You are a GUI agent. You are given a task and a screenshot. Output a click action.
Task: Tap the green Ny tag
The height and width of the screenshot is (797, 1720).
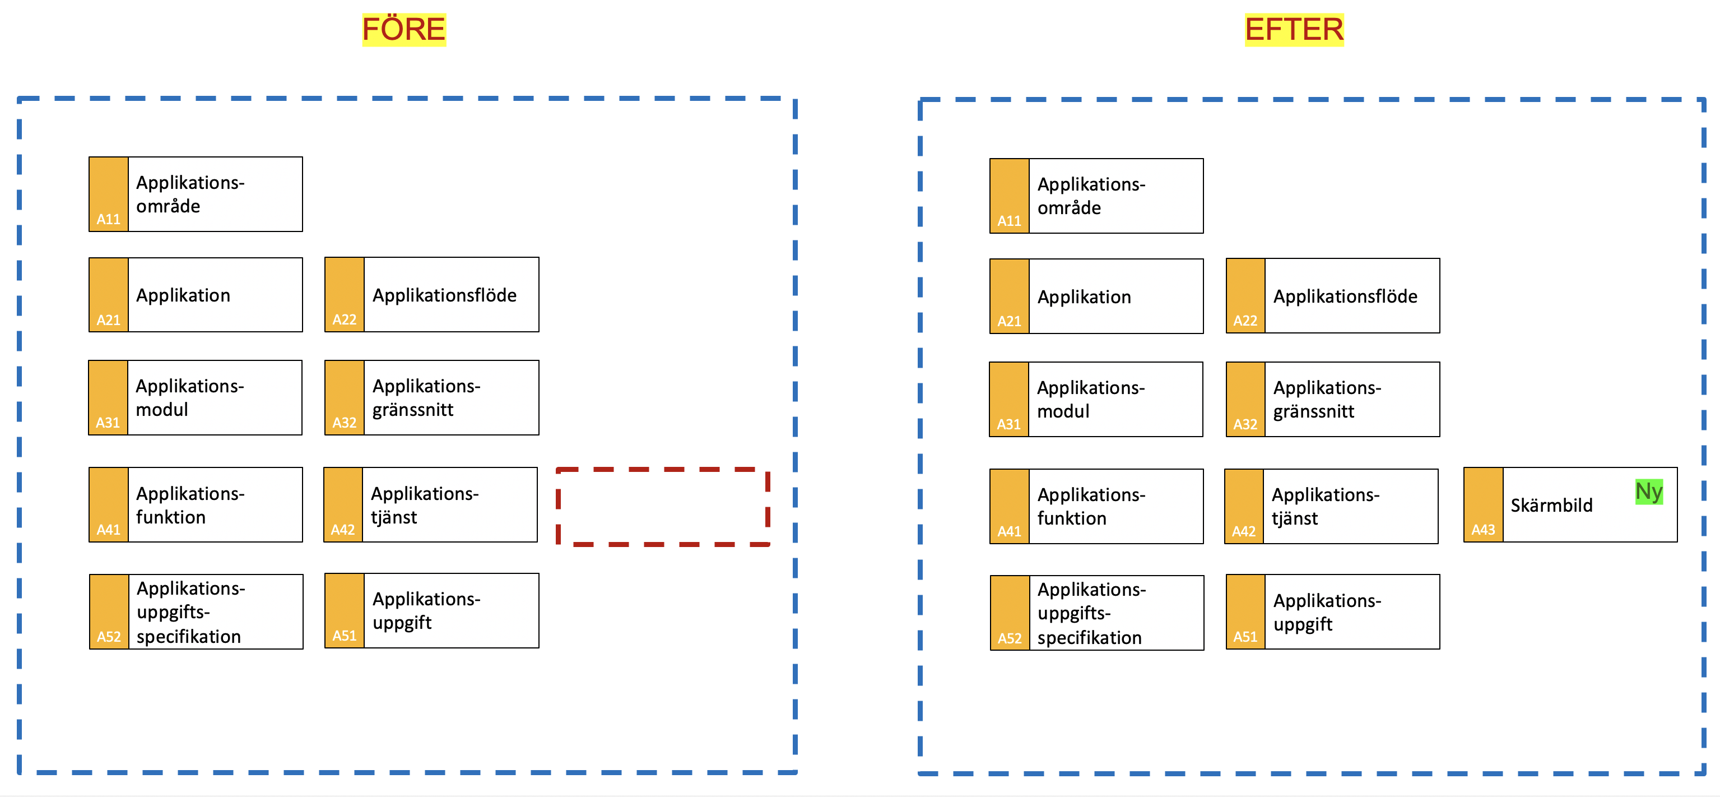tap(1648, 492)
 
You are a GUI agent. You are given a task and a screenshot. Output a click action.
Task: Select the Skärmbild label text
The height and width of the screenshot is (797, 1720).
tap(1551, 505)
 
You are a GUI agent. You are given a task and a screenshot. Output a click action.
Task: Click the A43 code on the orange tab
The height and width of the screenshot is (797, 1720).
tap(1483, 530)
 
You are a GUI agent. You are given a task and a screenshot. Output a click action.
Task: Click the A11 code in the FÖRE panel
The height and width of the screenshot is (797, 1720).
tap(108, 219)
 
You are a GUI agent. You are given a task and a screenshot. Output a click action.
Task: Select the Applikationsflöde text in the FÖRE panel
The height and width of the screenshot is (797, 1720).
tap(444, 295)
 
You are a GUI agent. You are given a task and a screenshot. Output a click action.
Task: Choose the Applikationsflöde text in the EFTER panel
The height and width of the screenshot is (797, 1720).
tap(1345, 296)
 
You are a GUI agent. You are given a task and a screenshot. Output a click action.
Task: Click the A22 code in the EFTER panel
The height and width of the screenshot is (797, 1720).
tap(1244, 321)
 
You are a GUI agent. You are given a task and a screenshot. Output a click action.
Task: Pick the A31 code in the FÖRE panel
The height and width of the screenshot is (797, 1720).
tap(108, 422)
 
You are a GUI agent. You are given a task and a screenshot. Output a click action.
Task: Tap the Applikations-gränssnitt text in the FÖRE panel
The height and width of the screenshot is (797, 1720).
tap(426, 397)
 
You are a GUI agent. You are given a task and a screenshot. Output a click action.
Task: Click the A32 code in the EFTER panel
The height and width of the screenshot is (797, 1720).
tap(1244, 424)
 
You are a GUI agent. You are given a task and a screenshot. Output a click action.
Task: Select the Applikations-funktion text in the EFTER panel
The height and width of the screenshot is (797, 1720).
tap(1091, 507)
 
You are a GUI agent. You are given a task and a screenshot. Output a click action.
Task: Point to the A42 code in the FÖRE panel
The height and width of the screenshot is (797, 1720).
tap(342, 530)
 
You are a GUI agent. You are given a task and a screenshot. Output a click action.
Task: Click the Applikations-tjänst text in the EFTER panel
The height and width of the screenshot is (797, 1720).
tap(1326, 507)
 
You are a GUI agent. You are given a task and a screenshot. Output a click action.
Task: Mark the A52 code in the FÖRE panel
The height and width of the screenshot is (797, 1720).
tap(108, 637)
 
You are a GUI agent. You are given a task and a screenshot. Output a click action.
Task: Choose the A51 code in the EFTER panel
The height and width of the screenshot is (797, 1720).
tap(1244, 637)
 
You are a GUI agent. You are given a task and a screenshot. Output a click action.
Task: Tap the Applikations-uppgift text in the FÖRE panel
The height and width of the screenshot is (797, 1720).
tap(426, 610)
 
